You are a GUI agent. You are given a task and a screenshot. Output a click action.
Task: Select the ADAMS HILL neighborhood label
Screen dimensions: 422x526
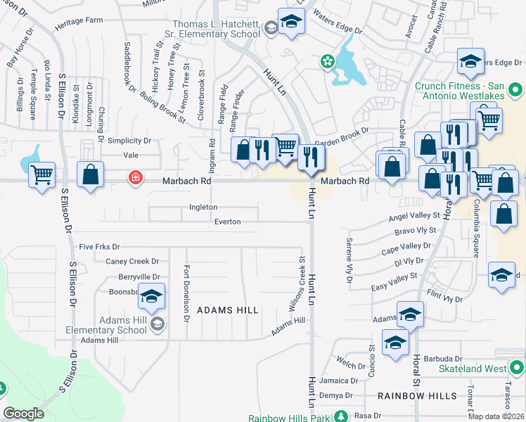click(227, 309)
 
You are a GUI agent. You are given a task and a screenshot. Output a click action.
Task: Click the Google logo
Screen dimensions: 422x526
click(24, 414)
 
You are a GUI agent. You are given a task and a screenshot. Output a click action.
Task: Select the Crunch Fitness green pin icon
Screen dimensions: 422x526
click(515, 89)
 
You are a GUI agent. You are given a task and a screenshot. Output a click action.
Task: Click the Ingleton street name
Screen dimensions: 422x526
click(203, 207)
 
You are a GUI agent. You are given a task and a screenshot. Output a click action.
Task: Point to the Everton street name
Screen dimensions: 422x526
click(227, 222)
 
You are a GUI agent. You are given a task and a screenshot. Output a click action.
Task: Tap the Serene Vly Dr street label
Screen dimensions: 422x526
click(349, 261)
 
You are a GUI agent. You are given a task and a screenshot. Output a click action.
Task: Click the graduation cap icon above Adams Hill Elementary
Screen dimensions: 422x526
click(151, 297)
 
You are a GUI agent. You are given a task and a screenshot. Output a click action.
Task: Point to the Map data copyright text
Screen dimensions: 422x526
click(496, 416)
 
